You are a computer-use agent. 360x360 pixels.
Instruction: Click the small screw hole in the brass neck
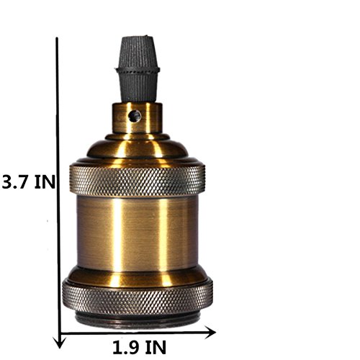click(135, 116)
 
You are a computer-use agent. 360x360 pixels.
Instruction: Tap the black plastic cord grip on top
click(138, 70)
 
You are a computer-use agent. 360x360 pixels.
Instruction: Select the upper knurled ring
click(138, 180)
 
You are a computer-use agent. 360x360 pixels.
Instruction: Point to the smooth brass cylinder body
click(138, 233)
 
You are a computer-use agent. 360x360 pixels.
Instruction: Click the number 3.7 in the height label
click(16, 181)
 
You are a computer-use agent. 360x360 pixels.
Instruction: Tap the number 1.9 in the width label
click(127, 347)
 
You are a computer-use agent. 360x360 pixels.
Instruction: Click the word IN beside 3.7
click(45, 181)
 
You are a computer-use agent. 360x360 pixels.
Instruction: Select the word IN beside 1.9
click(156, 347)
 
